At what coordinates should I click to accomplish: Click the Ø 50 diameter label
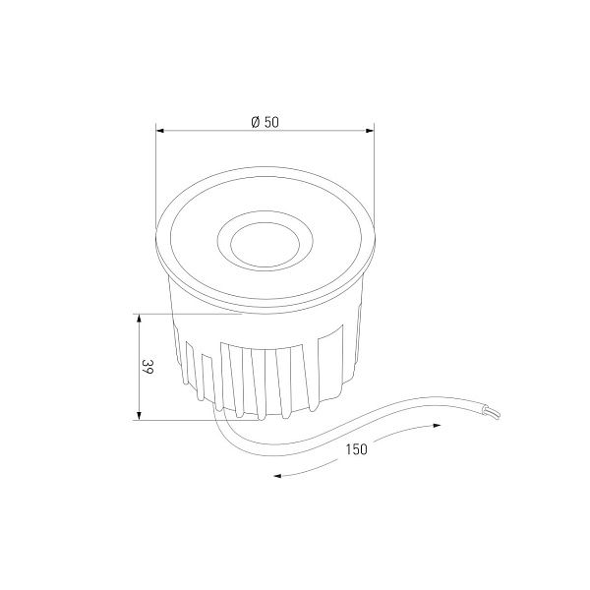pos(265,122)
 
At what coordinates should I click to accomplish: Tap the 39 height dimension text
pos(147,367)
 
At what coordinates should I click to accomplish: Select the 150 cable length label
pos(356,449)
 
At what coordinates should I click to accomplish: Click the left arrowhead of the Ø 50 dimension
pos(160,131)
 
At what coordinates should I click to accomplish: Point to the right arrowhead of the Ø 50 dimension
pos(370,131)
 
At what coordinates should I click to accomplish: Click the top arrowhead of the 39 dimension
pos(139,319)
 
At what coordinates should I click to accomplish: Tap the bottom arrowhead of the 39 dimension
pos(139,415)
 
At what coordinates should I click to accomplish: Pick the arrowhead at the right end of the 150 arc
pos(437,426)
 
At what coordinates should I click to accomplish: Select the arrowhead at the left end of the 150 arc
pos(277,476)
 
